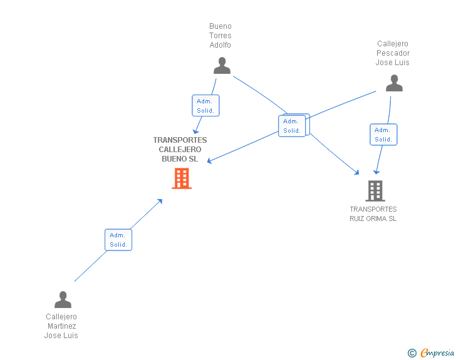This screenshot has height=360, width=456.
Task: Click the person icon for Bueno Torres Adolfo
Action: pyautogui.click(x=222, y=66)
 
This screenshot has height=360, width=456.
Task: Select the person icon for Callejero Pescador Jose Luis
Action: pyautogui.click(x=394, y=83)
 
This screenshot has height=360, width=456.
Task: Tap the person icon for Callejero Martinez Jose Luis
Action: pyautogui.click(x=63, y=299)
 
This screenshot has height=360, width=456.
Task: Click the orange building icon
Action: pyautogui.click(x=182, y=178)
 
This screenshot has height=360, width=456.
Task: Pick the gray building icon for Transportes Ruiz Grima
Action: pyautogui.click(x=375, y=191)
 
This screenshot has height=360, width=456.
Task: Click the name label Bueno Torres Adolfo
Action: pyautogui.click(x=220, y=36)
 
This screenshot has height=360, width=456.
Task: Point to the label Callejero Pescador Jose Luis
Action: pyautogui.click(x=393, y=53)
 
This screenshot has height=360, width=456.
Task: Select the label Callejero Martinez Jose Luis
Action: pyautogui.click(x=61, y=326)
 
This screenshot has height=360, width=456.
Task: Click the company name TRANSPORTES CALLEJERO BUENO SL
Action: pyautogui.click(x=180, y=150)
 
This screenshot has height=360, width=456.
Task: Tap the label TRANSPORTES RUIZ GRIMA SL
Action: pyautogui.click(x=373, y=213)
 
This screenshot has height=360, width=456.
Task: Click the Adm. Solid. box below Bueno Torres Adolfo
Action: pyautogui.click(x=205, y=106)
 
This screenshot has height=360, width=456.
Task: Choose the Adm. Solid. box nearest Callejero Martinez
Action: pyautogui.click(x=118, y=240)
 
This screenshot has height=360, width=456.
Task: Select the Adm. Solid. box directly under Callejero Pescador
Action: pyautogui.click(x=383, y=135)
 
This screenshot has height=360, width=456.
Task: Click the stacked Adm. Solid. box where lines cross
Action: pyautogui.click(x=293, y=125)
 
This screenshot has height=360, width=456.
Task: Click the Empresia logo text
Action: pyautogui.click(x=437, y=352)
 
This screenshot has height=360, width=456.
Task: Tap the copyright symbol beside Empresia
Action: pyautogui.click(x=412, y=353)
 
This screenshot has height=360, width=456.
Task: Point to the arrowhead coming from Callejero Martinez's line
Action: pyautogui.click(x=160, y=201)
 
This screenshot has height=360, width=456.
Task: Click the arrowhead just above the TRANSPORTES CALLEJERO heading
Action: pyautogui.click(x=195, y=131)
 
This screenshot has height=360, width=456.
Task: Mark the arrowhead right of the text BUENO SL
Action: pyautogui.click(x=209, y=161)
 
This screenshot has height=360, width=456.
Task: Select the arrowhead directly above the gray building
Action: pyautogui.click(x=376, y=172)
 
